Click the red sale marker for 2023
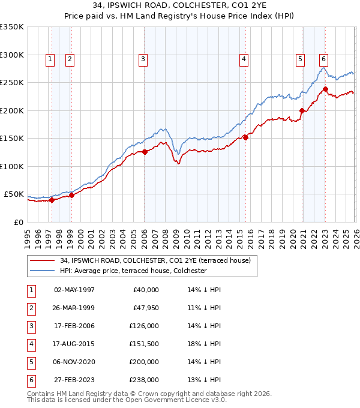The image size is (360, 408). (x=325, y=89)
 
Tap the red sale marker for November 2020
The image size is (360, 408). (x=301, y=110)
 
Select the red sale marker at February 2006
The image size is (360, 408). (x=145, y=152)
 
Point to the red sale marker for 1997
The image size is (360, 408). (x=52, y=200)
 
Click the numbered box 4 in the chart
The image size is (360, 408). (x=244, y=59)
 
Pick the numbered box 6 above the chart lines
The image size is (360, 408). (x=323, y=59)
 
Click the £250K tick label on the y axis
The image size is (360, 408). (x=12, y=83)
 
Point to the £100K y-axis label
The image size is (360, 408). (x=12, y=166)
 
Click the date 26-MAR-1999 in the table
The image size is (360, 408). (x=74, y=308)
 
